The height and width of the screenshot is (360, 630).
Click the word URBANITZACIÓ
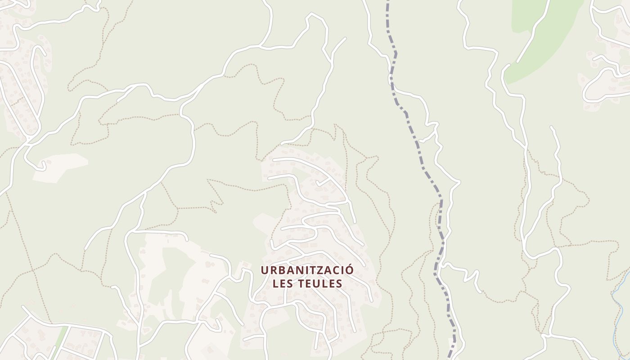(x=307, y=270)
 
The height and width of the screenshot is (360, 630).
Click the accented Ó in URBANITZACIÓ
(x=349, y=270)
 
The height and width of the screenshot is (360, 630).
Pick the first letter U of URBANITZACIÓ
(x=265, y=270)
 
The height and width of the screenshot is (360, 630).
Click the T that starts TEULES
(x=302, y=283)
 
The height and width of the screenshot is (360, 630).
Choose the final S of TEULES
(x=339, y=283)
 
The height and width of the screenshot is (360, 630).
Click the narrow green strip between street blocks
(x=58, y=344)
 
